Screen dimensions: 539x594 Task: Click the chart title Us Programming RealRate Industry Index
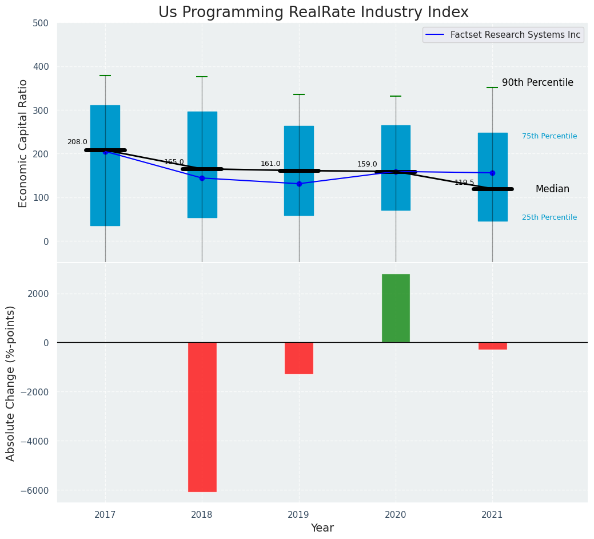point(313,13)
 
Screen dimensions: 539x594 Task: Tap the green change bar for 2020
point(396,308)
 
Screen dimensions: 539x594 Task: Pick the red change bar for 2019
point(299,358)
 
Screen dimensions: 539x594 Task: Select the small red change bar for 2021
point(492,346)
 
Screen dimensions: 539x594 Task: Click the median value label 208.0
point(77,142)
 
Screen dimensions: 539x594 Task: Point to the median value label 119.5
point(464,183)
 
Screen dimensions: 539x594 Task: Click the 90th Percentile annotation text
point(537,82)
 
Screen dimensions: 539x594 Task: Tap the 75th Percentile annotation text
point(549,136)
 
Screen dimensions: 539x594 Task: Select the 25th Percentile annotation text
point(549,217)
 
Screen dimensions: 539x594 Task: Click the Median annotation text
point(552,189)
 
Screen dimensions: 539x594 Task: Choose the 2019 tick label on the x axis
point(299,514)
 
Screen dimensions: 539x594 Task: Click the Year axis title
point(322,528)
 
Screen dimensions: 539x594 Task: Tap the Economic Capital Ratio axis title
point(23,143)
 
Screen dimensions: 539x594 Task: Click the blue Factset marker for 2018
point(202,178)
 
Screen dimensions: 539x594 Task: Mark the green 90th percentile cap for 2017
point(105,76)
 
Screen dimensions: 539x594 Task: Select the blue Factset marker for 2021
point(492,173)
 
